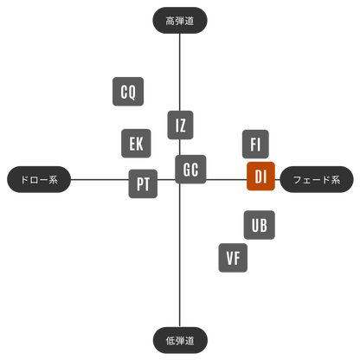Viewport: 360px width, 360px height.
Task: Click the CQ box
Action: [x=128, y=92]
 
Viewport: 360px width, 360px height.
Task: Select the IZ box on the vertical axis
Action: [x=180, y=125]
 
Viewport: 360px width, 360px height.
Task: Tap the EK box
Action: [x=136, y=144]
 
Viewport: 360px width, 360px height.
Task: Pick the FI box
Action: [x=255, y=144]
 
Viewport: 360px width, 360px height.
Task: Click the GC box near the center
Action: [x=190, y=170]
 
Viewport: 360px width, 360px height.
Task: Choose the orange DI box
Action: [x=260, y=177]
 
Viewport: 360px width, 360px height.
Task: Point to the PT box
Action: [x=143, y=183]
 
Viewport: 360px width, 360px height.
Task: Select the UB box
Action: [x=260, y=225]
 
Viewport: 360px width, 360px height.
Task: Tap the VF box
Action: [x=233, y=258]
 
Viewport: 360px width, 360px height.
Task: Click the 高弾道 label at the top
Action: [x=180, y=21]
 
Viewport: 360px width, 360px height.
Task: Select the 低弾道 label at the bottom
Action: [x=180, y=340]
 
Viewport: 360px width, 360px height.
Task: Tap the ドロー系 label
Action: [x=39, y=179]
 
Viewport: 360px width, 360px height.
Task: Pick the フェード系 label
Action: [x=317, y=179]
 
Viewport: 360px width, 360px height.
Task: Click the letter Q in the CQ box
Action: [x=132, y=92]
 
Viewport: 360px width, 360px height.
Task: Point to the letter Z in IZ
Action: [x=183, y=125]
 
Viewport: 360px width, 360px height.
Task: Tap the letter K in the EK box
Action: [x=139, y=144]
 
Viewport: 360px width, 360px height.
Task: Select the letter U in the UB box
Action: [x=255, y=225]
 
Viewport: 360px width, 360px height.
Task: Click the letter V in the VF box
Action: [x=229, y=258]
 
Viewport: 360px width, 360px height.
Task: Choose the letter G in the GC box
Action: [x=187, y=170]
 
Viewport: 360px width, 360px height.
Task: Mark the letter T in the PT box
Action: [x=146, y=184]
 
